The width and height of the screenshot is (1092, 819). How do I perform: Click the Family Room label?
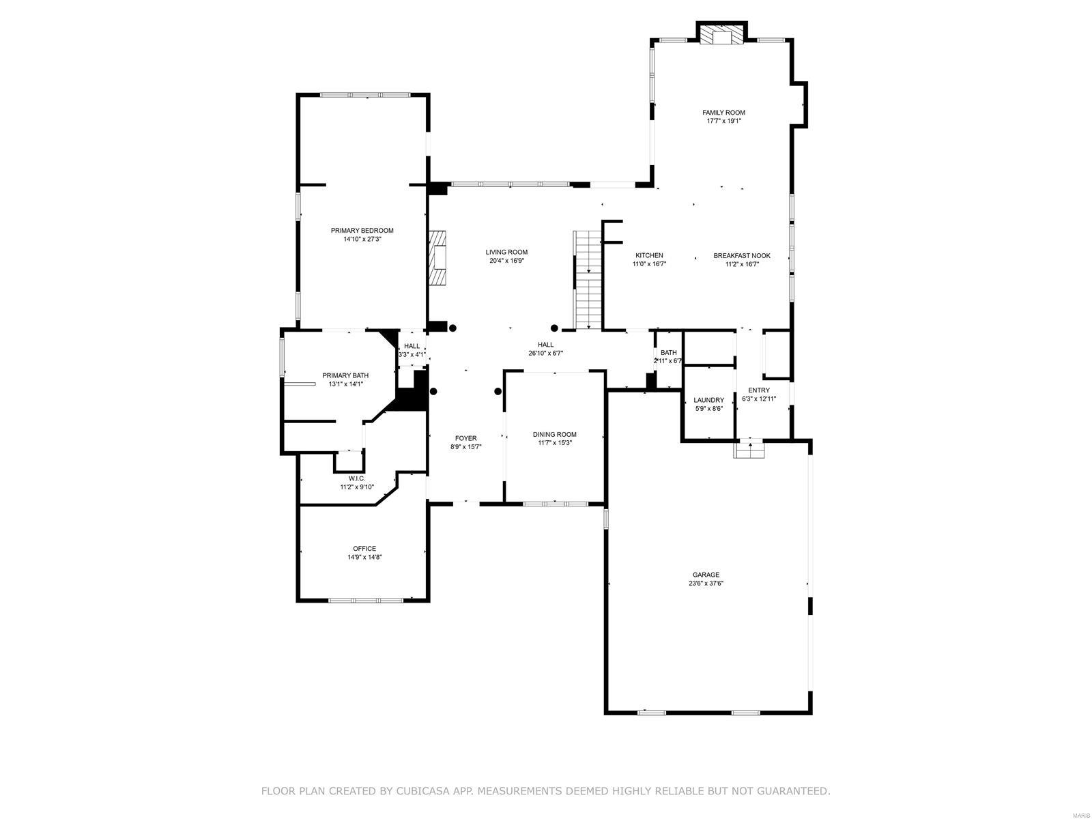coord(723,113)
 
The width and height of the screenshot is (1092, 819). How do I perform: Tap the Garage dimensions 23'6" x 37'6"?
coord(705,584)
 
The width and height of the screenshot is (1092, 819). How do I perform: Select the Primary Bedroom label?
coord(362,231)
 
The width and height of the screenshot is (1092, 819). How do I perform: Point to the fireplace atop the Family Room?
coord(721,35)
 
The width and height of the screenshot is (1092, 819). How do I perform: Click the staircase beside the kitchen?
coord(588,280)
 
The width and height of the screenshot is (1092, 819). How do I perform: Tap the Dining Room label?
coord(554,434)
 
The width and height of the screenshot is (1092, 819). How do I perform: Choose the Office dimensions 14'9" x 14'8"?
coord(364,557)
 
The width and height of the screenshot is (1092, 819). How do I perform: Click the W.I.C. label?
coord(357,478)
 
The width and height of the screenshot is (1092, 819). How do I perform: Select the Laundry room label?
coord(708,400)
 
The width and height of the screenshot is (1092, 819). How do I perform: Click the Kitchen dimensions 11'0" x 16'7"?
coord(649,264)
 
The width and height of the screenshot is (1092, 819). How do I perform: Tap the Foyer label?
coord(465,438)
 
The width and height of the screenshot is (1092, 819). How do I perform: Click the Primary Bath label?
coord(345,375)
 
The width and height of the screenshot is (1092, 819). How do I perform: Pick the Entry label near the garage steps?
coord(758,390)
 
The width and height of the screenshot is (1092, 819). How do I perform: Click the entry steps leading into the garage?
coord(749,450)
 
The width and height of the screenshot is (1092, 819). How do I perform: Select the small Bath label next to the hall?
coord(668,352)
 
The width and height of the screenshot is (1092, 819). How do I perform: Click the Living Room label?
coord(506,252)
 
